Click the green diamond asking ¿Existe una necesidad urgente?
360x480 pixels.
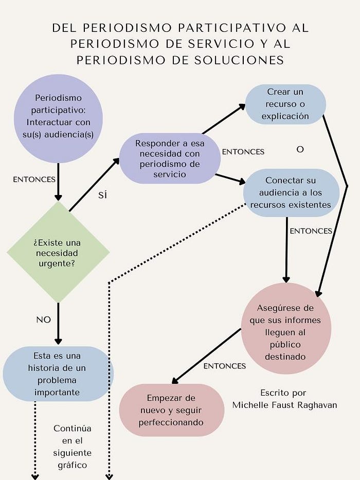pos(58,252)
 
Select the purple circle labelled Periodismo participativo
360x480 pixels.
pos(58,118)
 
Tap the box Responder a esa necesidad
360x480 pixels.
pos(170,159)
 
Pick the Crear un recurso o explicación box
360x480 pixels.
pos(285,104)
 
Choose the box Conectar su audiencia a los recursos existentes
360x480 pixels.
pos(291,192)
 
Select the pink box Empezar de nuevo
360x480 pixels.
pos(172,410)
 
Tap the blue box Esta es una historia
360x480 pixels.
pos(58,374)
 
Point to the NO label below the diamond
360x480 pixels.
pos(44,319)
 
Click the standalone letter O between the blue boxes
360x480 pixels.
pos(300,150)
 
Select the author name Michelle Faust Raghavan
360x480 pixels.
pos(284,405)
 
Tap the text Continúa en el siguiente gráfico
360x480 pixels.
pos(72,447)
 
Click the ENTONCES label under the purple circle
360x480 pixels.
pos(34,180)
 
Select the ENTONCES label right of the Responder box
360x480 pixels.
pos(243,152)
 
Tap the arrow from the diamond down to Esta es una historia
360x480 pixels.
pos(58,323)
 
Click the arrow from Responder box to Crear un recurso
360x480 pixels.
pos(224,119)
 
